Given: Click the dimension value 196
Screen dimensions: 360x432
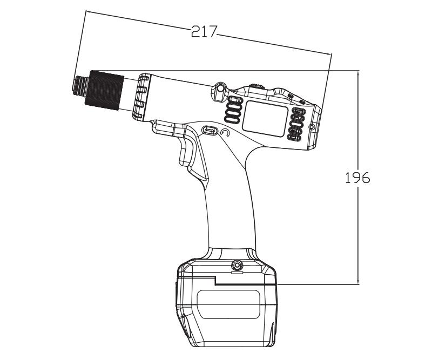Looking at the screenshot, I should click(357, 178).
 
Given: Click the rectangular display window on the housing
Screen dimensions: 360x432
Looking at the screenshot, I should click(265, 118).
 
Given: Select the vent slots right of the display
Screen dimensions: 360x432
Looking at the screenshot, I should click(296, 125).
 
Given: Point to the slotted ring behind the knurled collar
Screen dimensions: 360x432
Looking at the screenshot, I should click(141, 97).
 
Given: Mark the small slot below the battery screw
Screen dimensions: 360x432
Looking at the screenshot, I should click(235, 273).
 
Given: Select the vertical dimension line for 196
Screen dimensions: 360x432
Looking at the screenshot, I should click(357, 227).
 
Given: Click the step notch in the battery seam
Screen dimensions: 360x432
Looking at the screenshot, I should click(215, 280).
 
